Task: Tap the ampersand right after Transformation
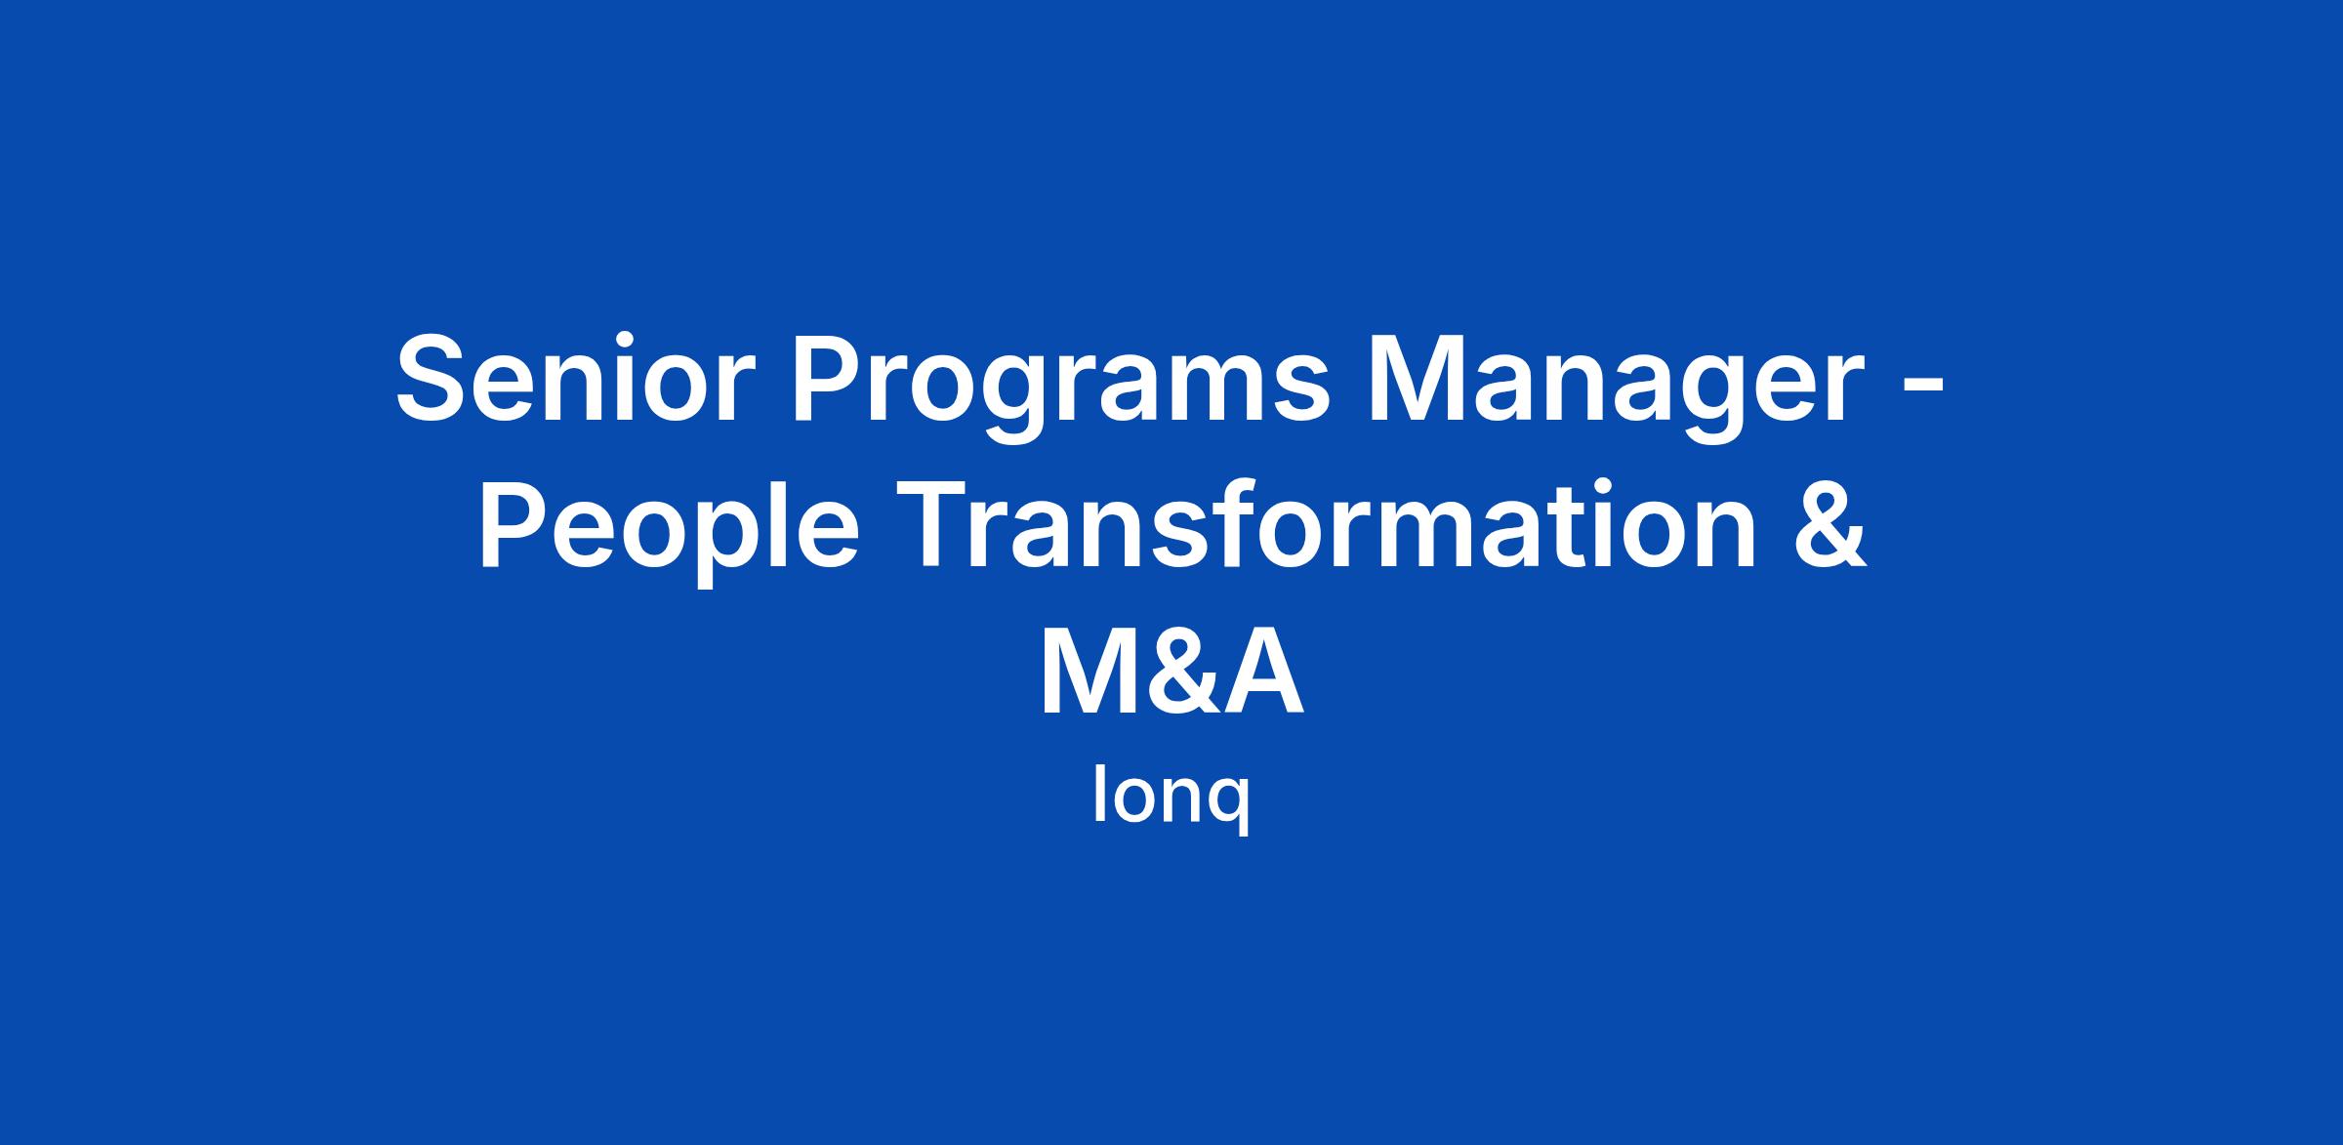(x=1828, y=522)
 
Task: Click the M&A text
(x=1171, y=669)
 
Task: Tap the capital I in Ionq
(x=1098, y=797)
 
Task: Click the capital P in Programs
(x=832, y=380)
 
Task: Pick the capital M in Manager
(x=1439, y=380)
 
